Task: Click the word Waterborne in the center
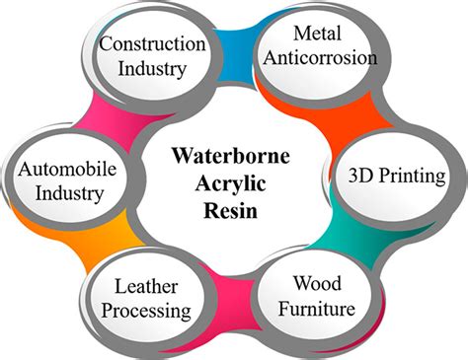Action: click(234, 157)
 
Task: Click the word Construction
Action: click(154, 45)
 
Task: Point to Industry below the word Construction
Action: click(154, 69)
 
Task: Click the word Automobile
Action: click(59, 169)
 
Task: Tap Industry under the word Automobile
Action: click(59, 192)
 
